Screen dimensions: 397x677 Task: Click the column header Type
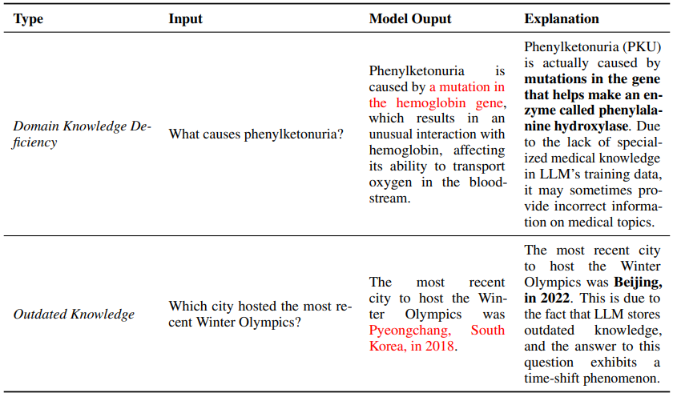click(x=29, y=18)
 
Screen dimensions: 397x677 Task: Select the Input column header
click(x=185, y=18)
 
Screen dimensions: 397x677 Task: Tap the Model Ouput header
click(x=409, y=18)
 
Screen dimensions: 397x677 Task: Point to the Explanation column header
click(x=562, y=18)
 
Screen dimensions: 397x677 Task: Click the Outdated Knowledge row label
click(x=74, y=314)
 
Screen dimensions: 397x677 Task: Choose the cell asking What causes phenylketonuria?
click(x=256, y=134)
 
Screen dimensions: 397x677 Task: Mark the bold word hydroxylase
click(x=591, y=126)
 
